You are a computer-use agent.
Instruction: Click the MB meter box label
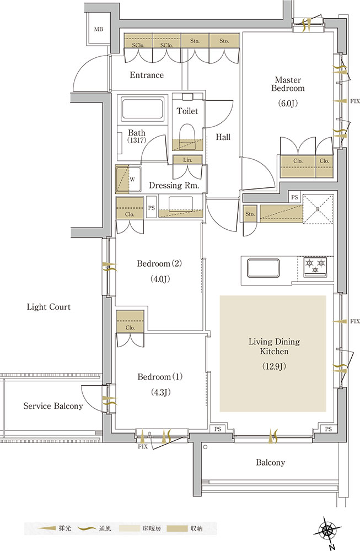99,30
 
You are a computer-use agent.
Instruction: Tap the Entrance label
147,75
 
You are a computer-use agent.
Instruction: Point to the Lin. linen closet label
188,160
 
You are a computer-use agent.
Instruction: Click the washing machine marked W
128,179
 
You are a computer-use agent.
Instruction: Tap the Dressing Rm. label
174,186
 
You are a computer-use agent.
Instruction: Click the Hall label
223,137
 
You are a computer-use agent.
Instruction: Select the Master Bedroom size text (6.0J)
288,104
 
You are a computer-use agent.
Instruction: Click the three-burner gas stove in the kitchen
315,266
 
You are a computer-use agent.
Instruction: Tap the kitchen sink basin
264,268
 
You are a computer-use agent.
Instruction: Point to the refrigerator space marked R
318,209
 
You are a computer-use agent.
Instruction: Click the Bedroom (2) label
159,263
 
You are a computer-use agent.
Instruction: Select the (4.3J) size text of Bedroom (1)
160,392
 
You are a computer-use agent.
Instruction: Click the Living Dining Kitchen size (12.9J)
274,366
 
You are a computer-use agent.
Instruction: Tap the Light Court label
49,307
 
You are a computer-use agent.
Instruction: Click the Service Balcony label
53,406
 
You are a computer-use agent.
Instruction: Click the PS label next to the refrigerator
294,197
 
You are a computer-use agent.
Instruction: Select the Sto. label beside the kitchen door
250,214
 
